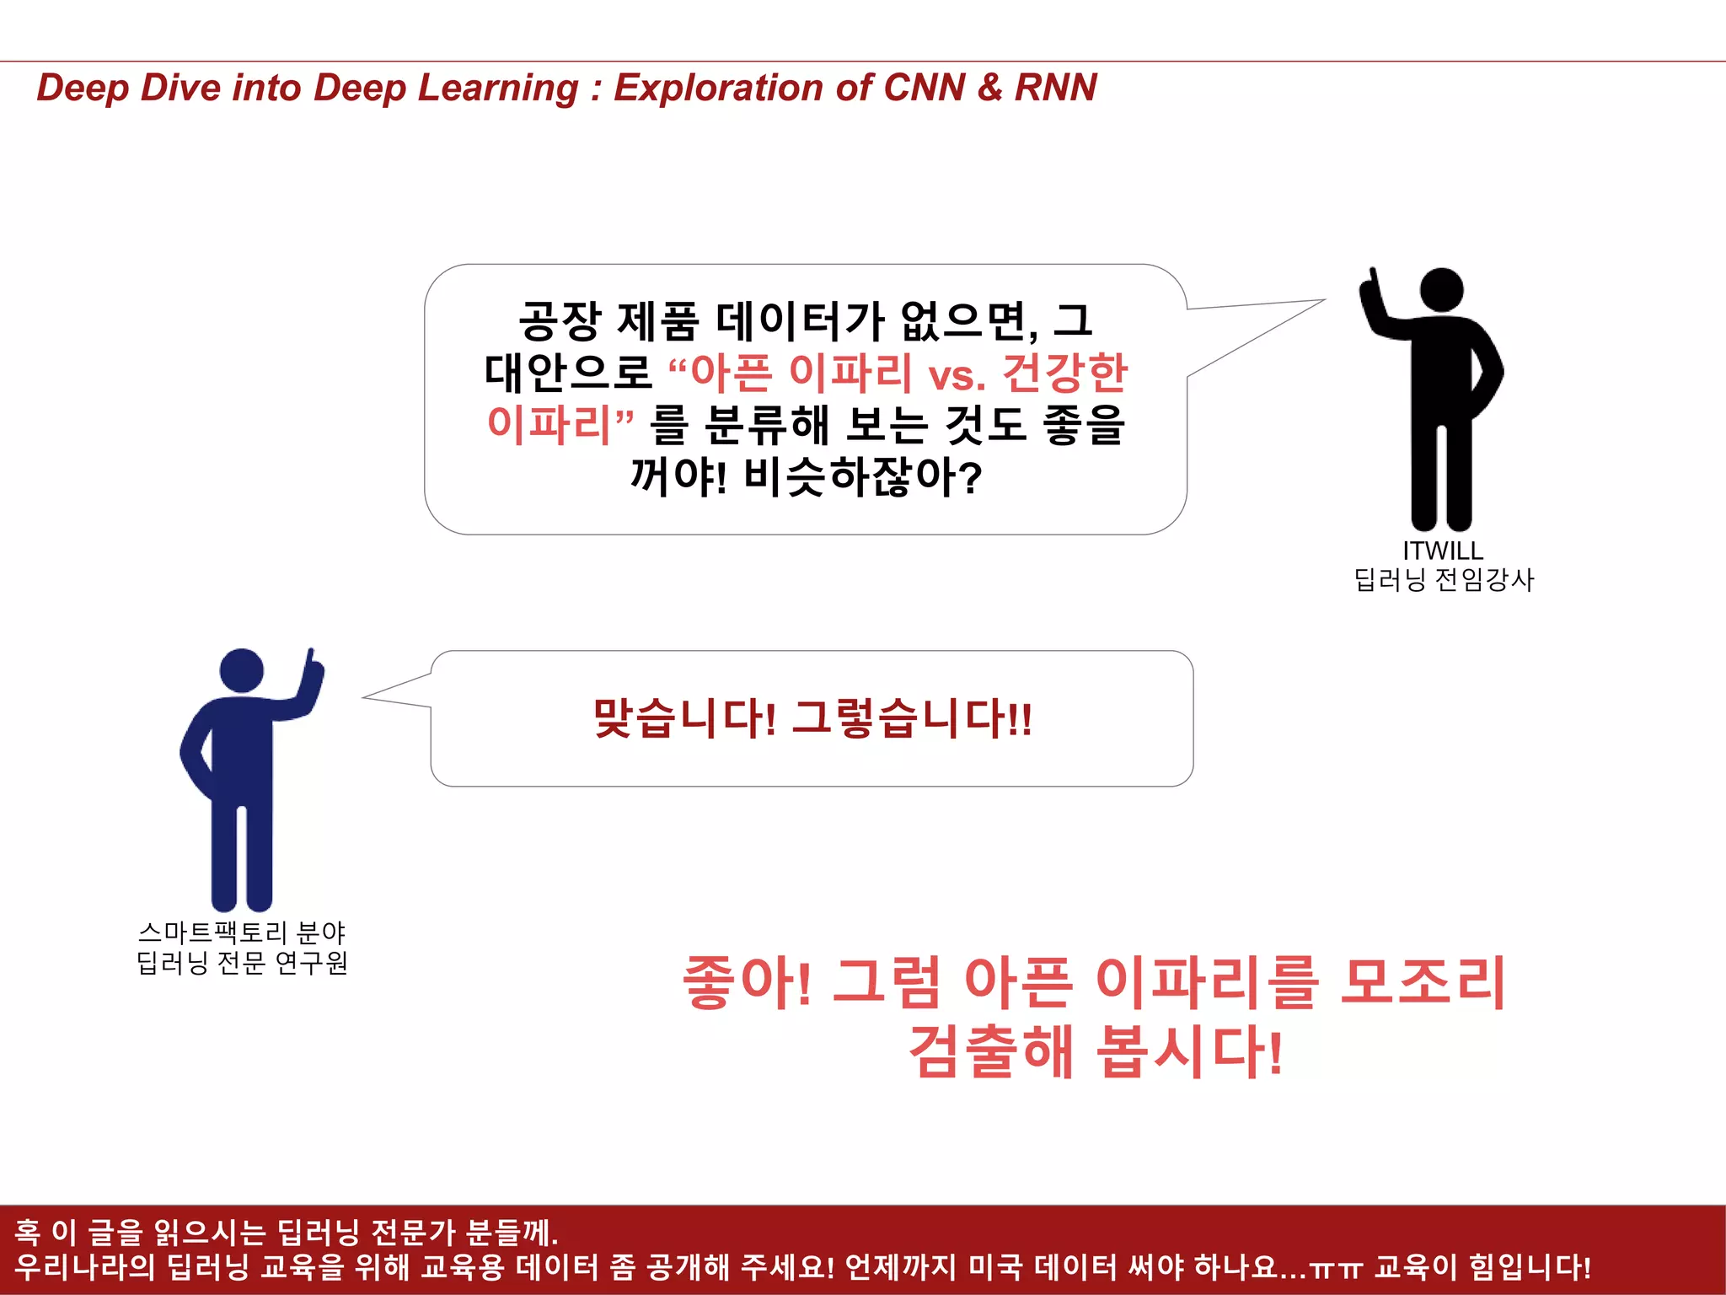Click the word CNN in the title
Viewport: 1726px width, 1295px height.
[924, 88]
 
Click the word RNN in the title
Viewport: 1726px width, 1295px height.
[1055, 88]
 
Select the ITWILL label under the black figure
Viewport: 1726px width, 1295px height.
[1443, 551]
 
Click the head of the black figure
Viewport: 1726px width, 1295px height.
[1442, 290]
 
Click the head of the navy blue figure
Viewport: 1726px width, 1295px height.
[242, 670]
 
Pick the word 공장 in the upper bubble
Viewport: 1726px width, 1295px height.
[560, 321]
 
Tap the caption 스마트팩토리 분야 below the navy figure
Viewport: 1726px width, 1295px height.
[242, 932]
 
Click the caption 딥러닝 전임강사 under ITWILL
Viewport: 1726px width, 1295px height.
[1444, 580]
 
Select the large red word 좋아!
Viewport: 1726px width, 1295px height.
[747, 983]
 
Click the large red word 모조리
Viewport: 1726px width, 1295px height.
[1423, 983]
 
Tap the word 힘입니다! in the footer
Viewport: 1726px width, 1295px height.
[1530, 1267]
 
